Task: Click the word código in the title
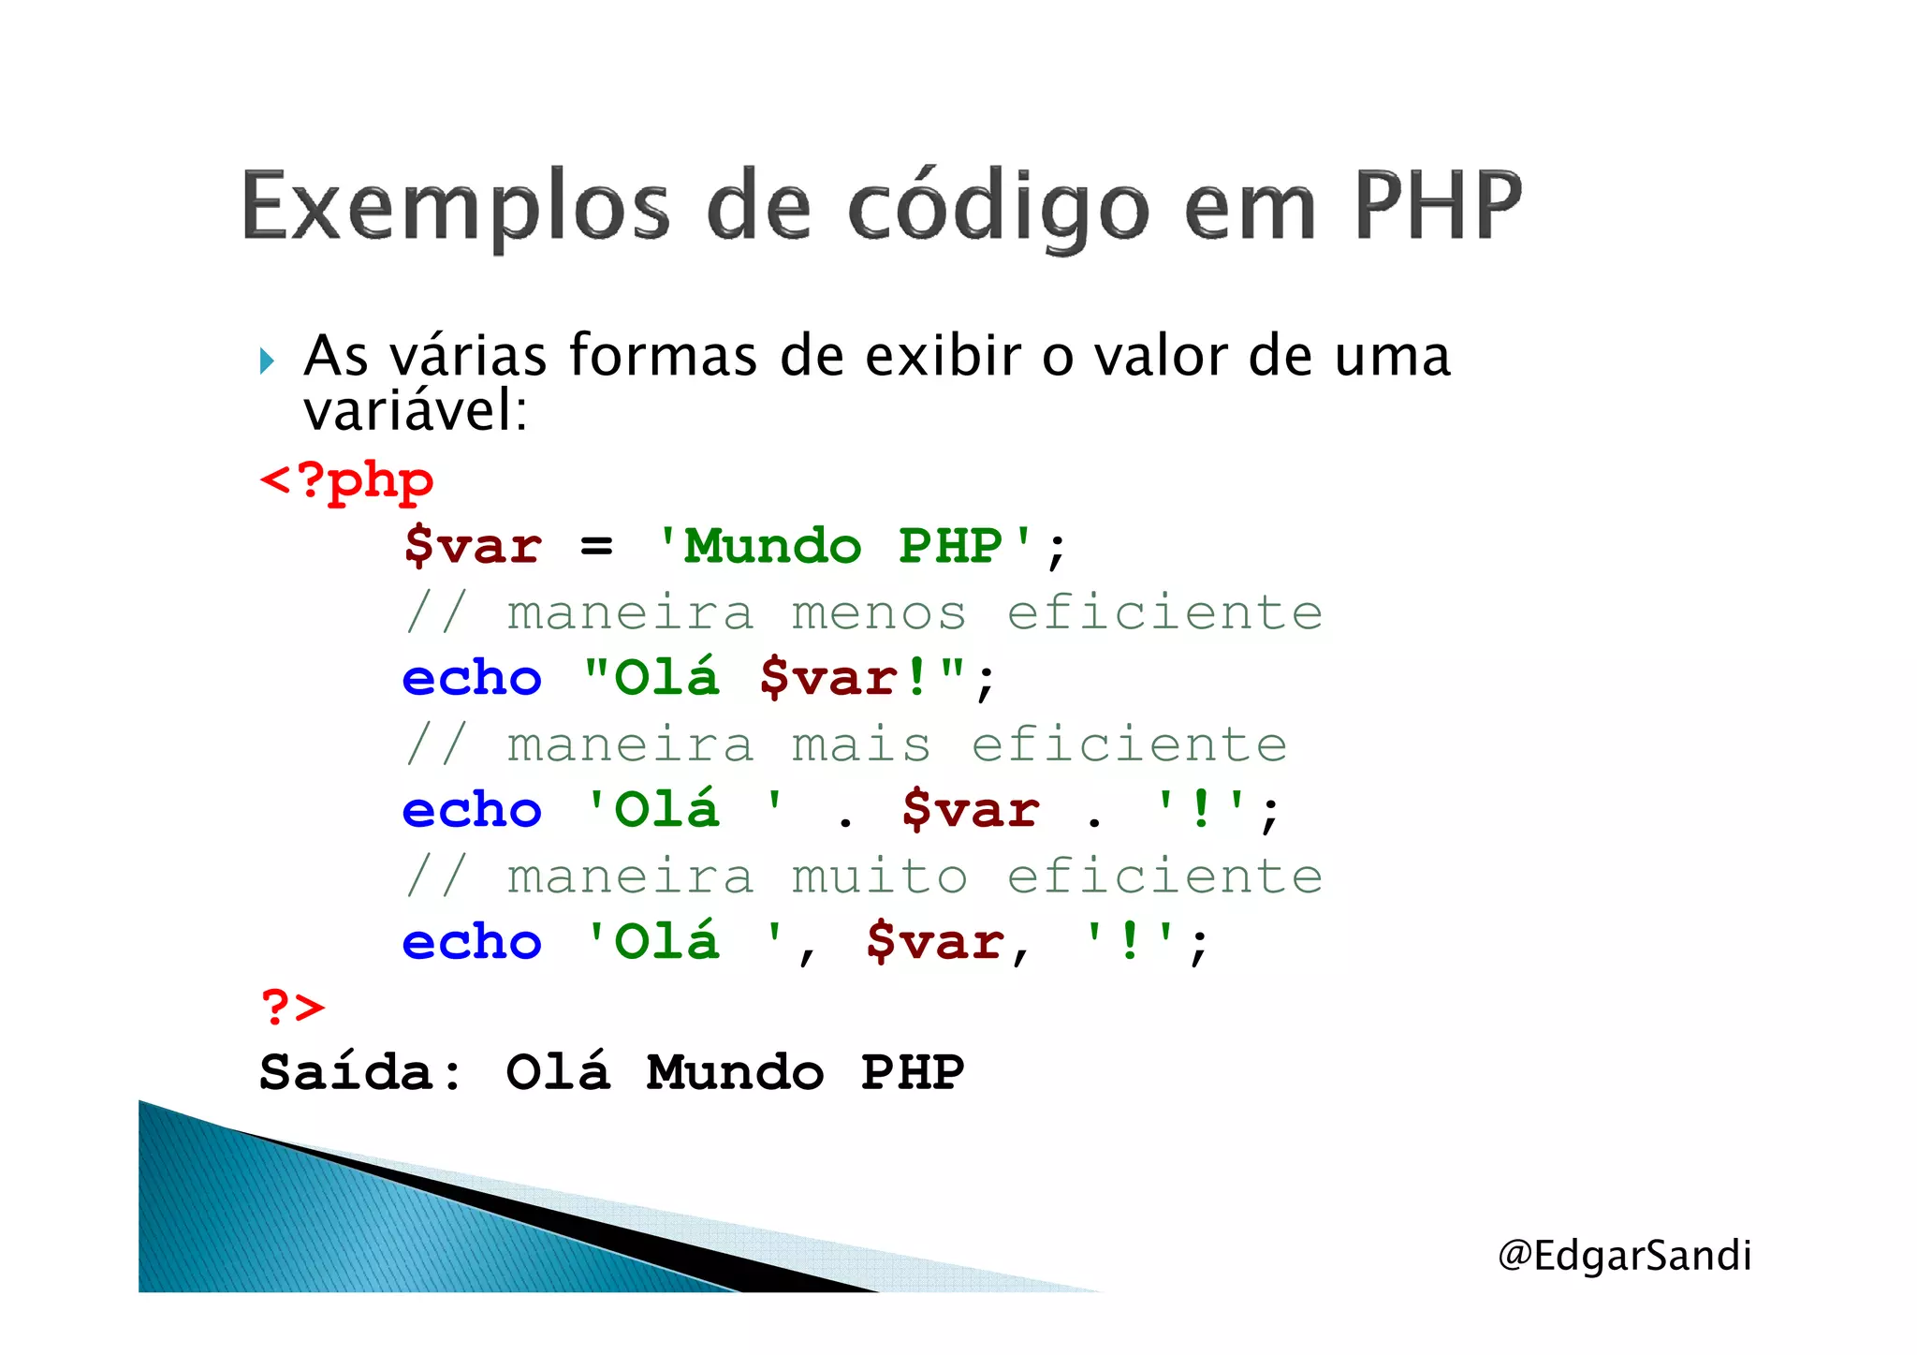click(999, 208)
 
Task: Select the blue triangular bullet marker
click(268, 361)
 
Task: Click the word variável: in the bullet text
click(416, 411)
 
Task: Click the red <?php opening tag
click(346, 481)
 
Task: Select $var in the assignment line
click(473, 546)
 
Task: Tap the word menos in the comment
click(879, 613)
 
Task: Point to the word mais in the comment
click(861, 745)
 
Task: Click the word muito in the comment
click(879, 877)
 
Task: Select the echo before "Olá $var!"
click(472, 678)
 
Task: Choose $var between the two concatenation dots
click(971, 810)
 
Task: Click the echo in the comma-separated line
click(472, 942)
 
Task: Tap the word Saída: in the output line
click(360, 1072)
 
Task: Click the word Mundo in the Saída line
click(735, 1072)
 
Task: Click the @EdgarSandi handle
click(1624, 1256)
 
